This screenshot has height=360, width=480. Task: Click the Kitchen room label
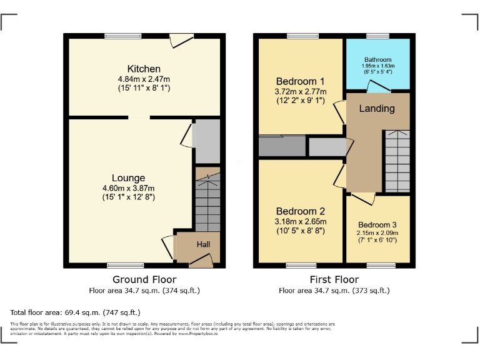(144, 69)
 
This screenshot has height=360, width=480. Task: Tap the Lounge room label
(129, 178)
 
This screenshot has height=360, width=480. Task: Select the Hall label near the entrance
(204, 244)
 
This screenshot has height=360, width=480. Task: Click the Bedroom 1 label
(300, 81)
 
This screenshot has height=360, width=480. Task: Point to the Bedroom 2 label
(300, 211)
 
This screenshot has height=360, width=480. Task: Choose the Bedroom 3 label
(377, 224)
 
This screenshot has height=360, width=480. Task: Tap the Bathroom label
(377, 60)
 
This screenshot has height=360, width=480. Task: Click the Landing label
(377, 108)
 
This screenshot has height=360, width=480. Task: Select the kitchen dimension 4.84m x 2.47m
(144, 79)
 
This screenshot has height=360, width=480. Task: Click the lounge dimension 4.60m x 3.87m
(129, 188)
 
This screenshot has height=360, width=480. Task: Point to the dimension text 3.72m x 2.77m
(300, 92)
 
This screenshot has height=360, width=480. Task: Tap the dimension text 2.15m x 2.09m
(377, 233)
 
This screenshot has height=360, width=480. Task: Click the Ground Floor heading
(144, 279)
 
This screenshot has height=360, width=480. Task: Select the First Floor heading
(334, 279)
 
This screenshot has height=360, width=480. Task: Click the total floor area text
(76, 312)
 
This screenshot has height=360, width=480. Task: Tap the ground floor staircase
(207, 203)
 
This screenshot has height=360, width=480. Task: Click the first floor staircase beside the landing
(396, 162)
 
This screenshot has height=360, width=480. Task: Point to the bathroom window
(377, 36)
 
